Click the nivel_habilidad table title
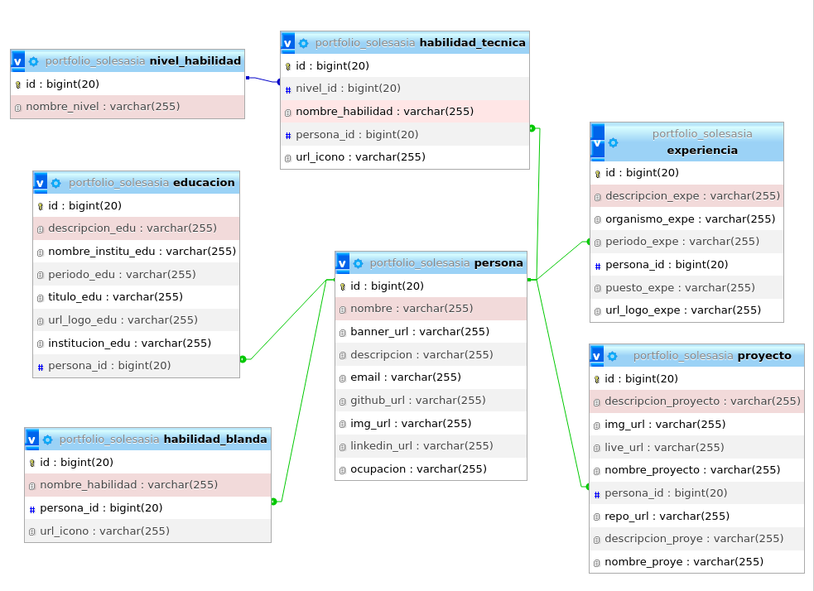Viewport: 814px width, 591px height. pos(195,61)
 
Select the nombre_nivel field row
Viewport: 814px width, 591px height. pos(103,107)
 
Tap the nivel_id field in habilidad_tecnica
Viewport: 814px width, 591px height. pos(348,89)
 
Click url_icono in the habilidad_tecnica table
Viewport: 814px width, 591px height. pos(360,157)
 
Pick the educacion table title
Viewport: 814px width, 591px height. pos(204,183)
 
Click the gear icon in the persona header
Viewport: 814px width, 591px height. pos(358,263)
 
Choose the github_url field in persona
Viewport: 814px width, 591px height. pos(417,401)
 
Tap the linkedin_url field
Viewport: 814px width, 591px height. pos(421,446)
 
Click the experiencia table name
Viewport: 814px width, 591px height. pos(701,151)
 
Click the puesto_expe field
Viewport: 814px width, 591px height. pos(680,288)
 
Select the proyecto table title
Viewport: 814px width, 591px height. pos(763,356)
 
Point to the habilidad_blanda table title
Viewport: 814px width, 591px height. pos(215,440)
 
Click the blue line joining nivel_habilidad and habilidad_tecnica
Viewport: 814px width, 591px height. pos(263,80)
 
